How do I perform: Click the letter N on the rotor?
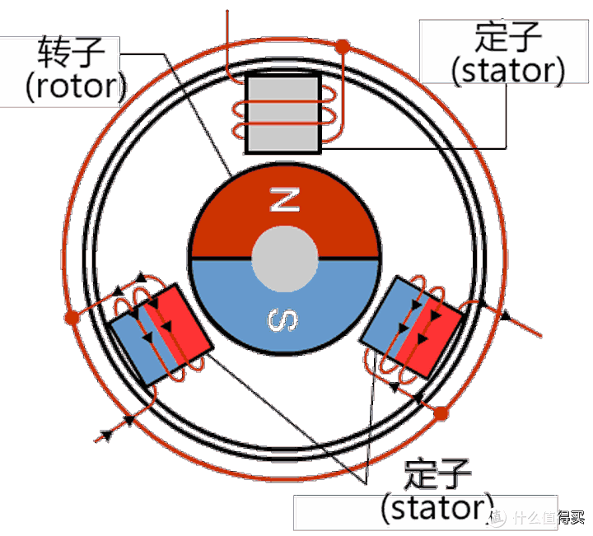285,199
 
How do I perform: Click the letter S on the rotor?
282,319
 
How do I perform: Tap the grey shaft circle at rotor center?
284,259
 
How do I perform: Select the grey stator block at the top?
283,113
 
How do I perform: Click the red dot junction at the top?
343,46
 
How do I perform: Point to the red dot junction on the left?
72,317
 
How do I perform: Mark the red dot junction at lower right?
441,413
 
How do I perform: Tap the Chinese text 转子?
71,52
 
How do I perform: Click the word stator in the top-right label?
508,71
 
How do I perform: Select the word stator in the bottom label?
437,508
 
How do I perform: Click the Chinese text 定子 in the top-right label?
508,37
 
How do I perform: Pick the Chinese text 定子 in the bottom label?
437,474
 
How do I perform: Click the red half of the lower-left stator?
178,324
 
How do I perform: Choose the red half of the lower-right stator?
430,338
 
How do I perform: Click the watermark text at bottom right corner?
537,517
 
